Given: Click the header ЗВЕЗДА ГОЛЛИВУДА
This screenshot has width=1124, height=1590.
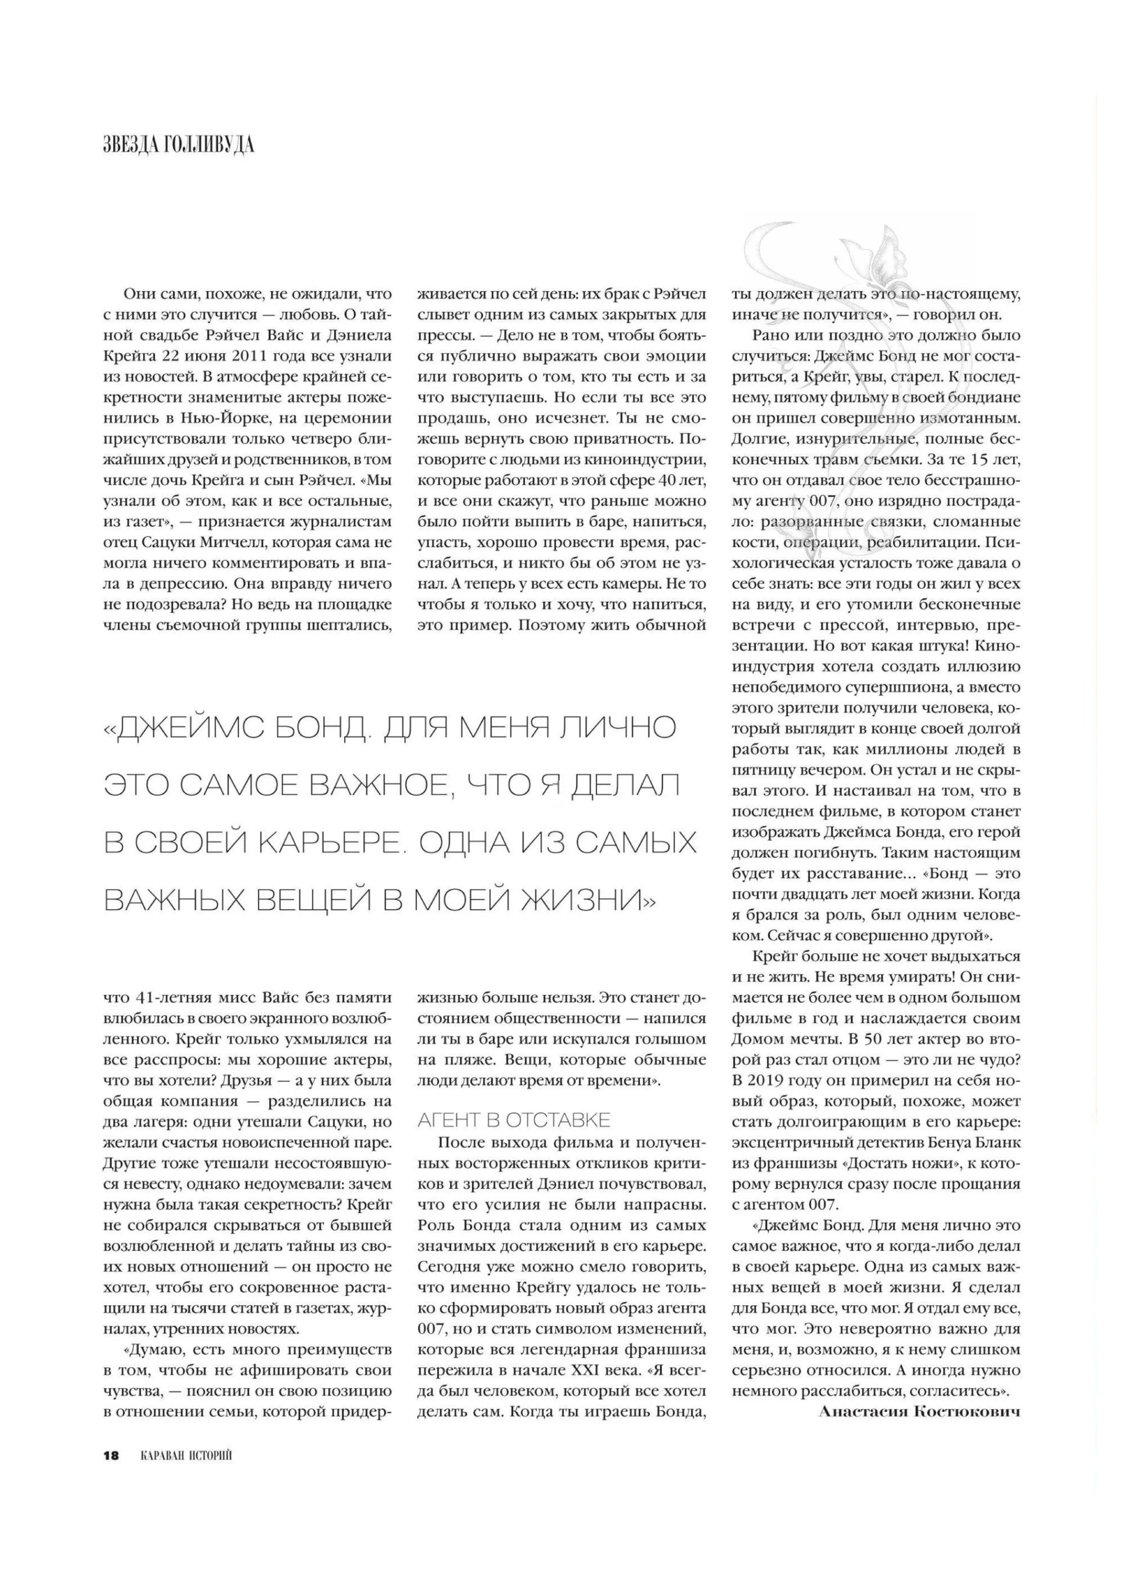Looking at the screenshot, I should tap(179, 145).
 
